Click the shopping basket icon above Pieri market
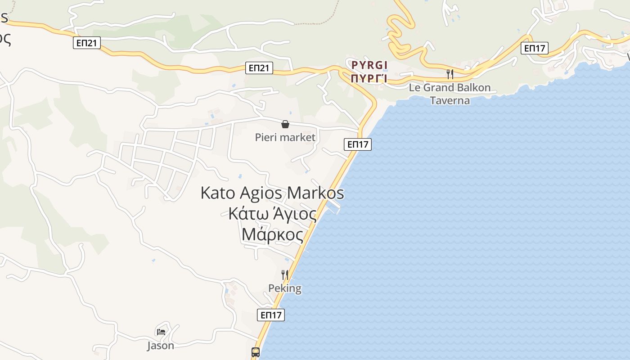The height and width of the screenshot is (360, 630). click(285, 124)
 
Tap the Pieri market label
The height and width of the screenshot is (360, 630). click(285, 137)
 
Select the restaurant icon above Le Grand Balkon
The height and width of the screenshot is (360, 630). click(449, 74)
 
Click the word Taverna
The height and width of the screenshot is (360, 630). click(450, 100)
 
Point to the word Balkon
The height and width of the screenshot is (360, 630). click(472, 88)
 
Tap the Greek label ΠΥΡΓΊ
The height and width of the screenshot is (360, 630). click(369, 78)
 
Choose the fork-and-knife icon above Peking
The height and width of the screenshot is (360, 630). click(284, 274)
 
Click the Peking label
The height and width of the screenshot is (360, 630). click(284, 288)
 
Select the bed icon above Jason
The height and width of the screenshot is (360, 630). click(161, 332)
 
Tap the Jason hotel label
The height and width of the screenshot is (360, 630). click(161, 346)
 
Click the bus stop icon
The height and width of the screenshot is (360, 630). click(255, 352)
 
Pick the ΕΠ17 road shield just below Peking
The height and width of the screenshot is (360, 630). click(271, 315)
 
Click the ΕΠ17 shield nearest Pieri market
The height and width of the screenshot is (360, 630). click(358, 144)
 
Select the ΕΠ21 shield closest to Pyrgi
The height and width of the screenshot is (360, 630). click(260, 68)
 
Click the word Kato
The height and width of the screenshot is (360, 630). click(218, 193)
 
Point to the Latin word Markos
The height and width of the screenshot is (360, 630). click(315, 193)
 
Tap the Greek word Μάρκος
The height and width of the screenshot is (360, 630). click(272, 234)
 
